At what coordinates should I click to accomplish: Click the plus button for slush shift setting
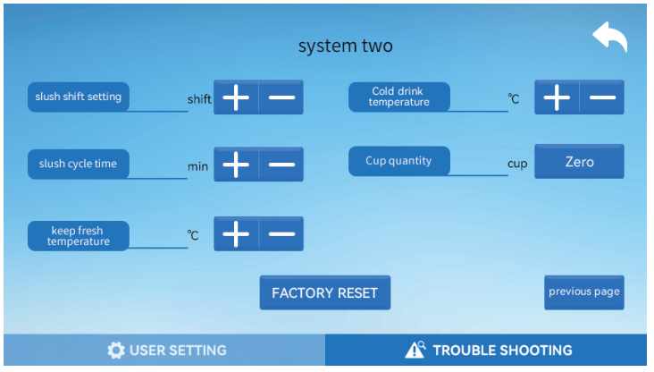point(236,97)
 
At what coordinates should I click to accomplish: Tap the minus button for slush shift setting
point(281,97)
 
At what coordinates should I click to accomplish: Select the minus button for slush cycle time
point(281,165)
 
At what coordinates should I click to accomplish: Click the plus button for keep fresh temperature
point(236,234)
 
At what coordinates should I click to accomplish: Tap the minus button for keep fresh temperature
point(281,234)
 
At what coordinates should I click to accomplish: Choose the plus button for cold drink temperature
point(557,97)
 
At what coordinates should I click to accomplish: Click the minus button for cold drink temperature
point(602,97)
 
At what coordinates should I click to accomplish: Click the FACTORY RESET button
point(324,293)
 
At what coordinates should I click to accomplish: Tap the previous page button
point(583,292)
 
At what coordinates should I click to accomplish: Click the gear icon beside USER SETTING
point(116,351)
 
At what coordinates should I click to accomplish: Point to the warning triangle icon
point(415,350)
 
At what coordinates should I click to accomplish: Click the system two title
point(345,46)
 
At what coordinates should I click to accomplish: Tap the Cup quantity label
point(398,161)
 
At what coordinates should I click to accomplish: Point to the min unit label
point(197,166)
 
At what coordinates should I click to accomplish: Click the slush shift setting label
point(79,97)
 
